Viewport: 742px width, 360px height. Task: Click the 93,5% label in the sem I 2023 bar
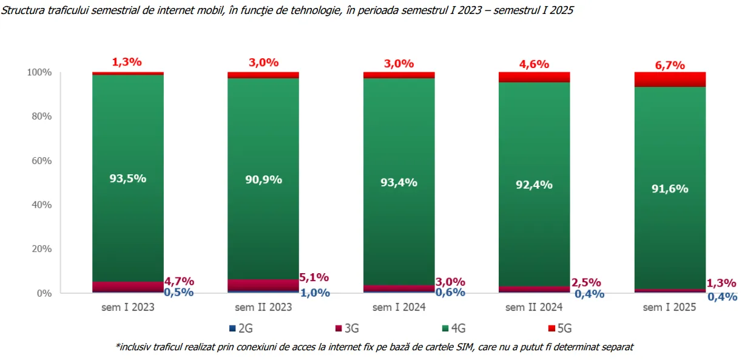coord(127,178)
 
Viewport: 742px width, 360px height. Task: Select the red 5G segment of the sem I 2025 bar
coord(670,80)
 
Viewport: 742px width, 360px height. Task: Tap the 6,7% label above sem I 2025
coord(670,65)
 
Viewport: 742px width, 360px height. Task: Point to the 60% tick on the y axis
coord(41,161)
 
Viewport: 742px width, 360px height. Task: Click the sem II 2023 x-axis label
coord(263,307)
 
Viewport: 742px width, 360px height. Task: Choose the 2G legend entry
coord(241,329)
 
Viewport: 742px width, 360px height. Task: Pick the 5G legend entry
coord(559,329)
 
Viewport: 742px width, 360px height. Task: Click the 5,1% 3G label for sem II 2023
coord(314,277)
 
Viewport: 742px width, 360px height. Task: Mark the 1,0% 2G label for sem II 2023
coord(315,293)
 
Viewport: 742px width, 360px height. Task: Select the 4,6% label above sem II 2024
coord(534,64)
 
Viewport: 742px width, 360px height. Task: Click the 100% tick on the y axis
coord(39,72)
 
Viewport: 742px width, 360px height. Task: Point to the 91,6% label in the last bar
coord(670,188)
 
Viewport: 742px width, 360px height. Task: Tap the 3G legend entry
coord(347,329)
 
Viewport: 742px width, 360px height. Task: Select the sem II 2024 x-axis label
coord(534,307)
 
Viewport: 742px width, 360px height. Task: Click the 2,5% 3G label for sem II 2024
coord(586,282)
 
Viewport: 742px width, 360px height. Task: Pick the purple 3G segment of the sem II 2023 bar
coord(263,285)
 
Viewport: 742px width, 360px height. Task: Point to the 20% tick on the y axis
coord(41,249)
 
